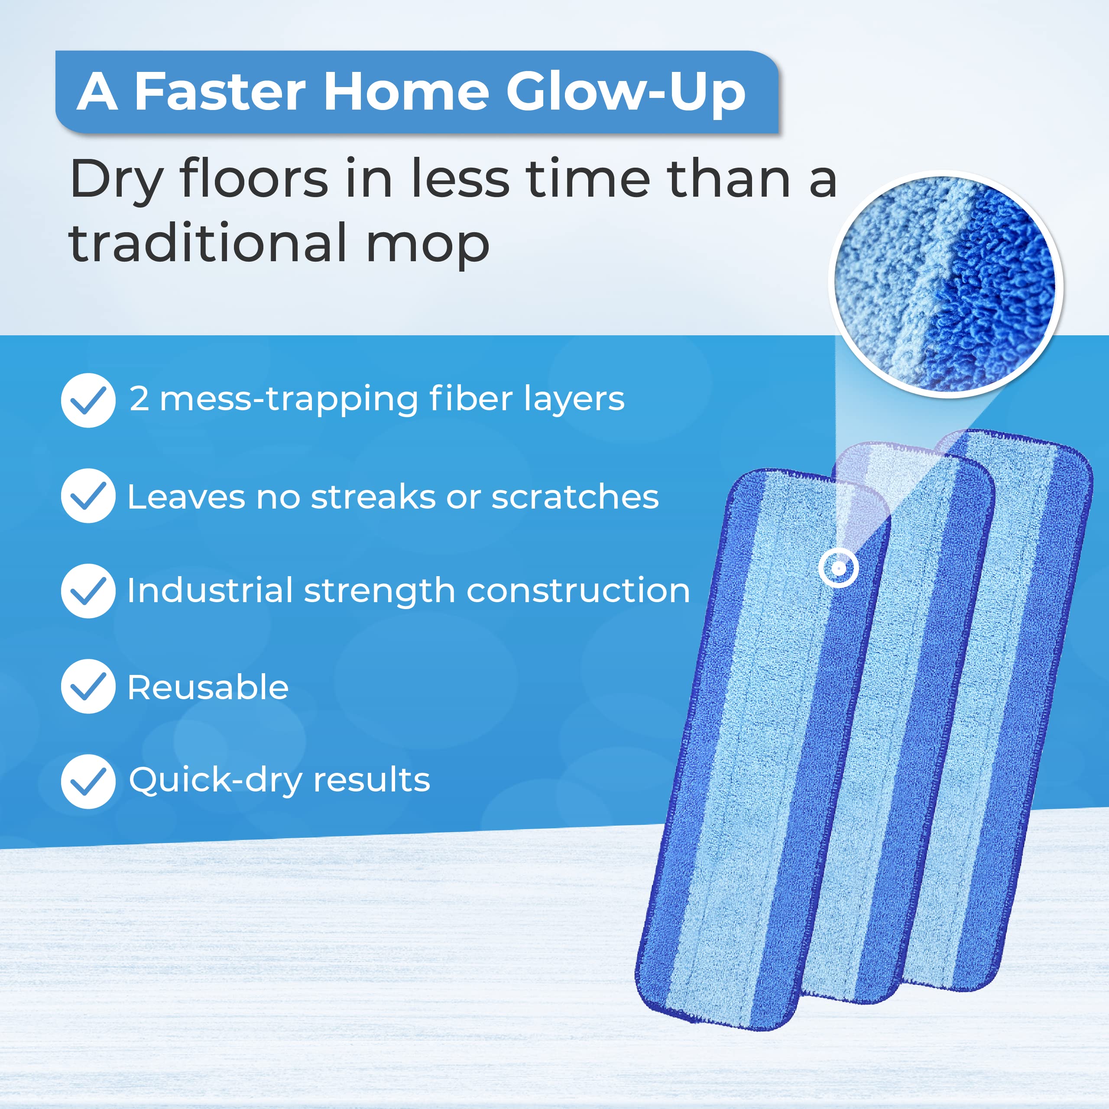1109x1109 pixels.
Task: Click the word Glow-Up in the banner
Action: point(625,92)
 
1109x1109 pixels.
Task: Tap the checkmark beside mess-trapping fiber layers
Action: point(88,400)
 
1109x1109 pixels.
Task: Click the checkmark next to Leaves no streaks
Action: point(88,496)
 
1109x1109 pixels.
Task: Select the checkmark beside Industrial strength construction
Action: point(88,590)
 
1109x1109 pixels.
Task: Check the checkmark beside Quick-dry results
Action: point(88,781)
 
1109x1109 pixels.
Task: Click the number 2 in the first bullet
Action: point(139,399)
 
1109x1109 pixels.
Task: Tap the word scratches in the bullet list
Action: point(575,496)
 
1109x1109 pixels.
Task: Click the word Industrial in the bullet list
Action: point(210,590)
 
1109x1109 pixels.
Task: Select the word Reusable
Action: point(208,687)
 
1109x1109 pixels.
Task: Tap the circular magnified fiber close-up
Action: point(945,284)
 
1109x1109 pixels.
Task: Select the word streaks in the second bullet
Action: point(373,496)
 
